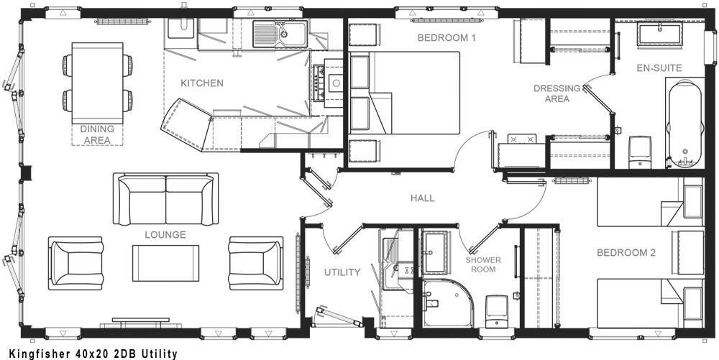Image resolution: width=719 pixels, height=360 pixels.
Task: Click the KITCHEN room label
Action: pos(201,83)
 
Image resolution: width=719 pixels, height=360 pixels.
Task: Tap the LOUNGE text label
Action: pos(165,235)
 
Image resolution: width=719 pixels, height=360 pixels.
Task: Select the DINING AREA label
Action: pos(96,134)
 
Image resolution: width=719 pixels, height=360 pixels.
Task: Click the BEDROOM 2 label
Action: pos(626,253)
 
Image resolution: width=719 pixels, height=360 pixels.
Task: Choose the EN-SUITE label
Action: pos(659,68)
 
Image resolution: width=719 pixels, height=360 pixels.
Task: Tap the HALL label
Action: pos(422,198)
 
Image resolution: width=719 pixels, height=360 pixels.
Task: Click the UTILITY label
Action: pos(342,272)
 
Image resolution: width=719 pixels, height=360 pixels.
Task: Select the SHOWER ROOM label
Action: pos(483,264)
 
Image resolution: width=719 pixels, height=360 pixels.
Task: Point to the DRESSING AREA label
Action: pos(557,93)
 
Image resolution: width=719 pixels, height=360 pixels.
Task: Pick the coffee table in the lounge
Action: pos(165,263)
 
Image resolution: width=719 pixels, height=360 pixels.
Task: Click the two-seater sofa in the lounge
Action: pos(165,198)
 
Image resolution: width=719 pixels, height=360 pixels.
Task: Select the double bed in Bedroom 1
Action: pos(413,93)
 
